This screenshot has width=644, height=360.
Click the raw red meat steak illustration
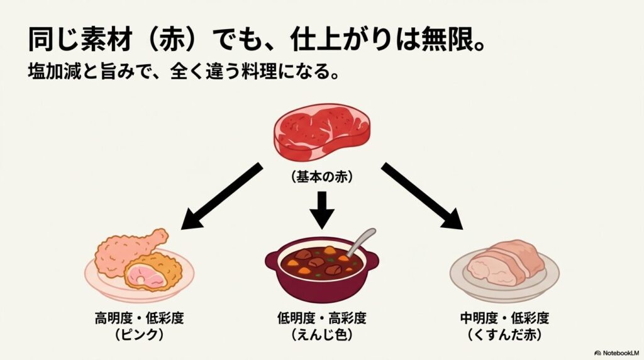tap(321, 132)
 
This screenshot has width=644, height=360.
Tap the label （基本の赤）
tap(322, 177)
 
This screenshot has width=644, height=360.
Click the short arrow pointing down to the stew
tap(322, 210)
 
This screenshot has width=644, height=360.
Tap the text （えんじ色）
tap(322, 335)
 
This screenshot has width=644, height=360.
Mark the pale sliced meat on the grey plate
tap(503, 261)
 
